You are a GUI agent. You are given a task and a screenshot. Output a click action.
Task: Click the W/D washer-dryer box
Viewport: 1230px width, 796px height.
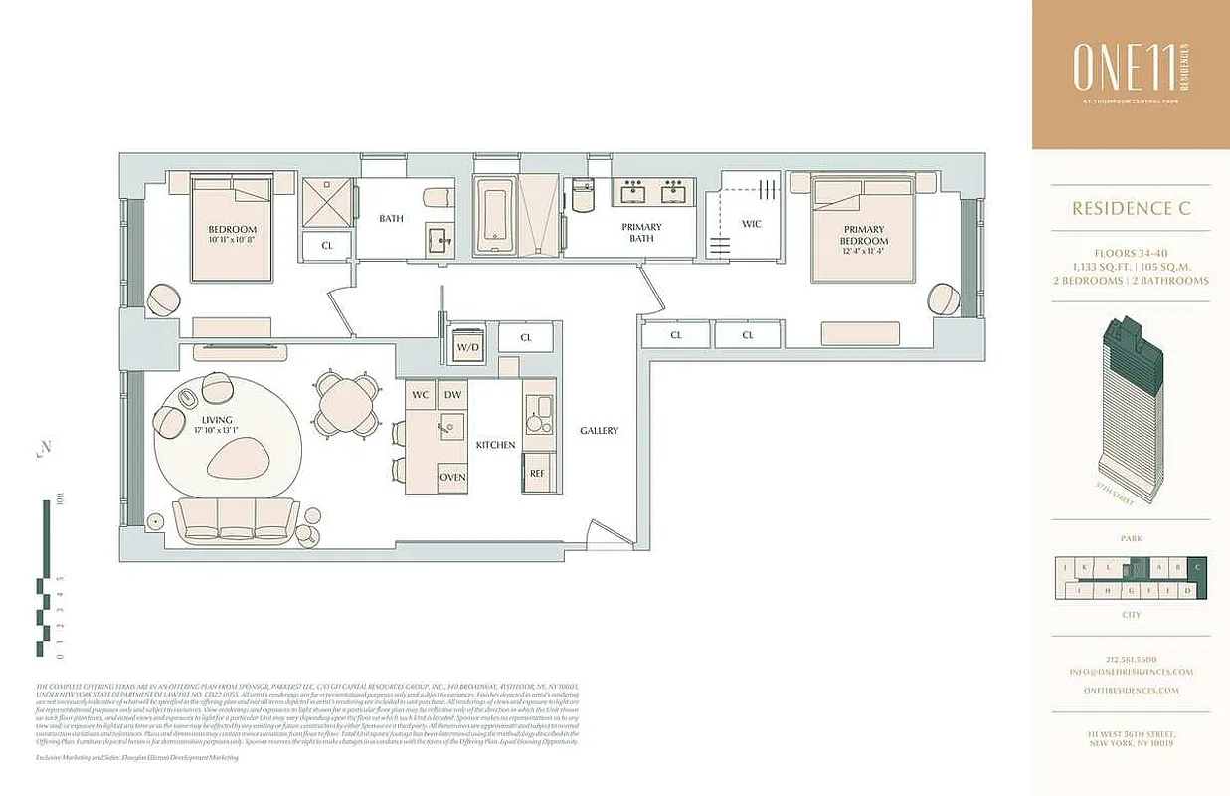coord(466,347)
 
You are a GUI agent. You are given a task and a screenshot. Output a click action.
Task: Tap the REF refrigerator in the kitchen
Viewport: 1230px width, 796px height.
coord(538,473)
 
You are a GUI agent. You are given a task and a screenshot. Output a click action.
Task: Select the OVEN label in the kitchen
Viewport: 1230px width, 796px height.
coord(452,477)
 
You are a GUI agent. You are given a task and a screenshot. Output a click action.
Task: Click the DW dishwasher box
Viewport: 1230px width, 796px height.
coord(452,395)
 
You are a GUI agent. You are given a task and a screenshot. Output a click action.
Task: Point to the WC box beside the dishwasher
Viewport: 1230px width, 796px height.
coord(421,395)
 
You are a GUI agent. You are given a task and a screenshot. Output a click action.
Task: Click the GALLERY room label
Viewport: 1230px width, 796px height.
coord(599,431)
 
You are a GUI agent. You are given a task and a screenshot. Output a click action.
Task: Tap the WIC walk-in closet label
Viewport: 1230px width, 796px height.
coord(752,224)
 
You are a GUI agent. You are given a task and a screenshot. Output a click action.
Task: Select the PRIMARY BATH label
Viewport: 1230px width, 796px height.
coord(641,232)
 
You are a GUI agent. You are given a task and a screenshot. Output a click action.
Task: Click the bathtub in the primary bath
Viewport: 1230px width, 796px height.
coord(492,216)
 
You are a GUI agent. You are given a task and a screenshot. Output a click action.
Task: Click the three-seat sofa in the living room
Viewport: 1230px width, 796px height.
coord(236,519)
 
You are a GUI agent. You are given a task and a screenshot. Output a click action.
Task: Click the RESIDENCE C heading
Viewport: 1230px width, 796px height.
coord(1131,209)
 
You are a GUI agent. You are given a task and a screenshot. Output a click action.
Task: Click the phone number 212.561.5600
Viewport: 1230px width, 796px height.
coord(1130,659)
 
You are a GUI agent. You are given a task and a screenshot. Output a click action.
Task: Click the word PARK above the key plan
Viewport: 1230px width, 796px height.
coord(1131,538)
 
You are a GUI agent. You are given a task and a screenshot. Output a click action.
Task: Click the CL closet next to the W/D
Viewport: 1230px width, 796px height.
coord(526,338)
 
